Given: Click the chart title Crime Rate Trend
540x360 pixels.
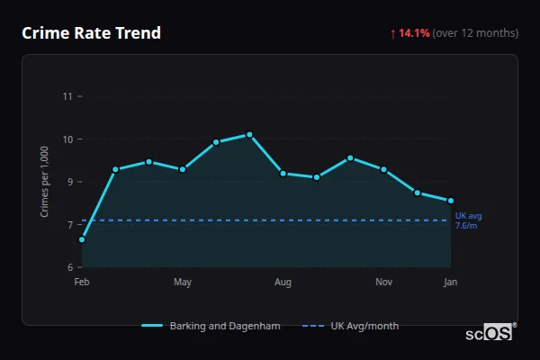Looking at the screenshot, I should click(x=91, y=33).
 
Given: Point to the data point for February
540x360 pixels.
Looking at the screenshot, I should click(x=82, y=239).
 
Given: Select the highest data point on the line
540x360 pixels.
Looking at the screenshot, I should click(x=249, y=134).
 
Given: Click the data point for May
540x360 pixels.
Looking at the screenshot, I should click(x=183, y=169).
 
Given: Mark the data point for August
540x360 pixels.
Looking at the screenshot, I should click(x=283, y=174).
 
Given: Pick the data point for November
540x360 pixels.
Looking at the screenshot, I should click(x=383, y=169).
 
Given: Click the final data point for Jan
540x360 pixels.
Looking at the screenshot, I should click(x=451, y=201).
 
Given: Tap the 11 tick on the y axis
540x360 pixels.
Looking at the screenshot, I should click(x=67, y=95).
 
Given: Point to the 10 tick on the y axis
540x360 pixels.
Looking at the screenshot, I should click(x=67, y=139).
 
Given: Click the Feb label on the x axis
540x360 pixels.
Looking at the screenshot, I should click(x=82, y=283).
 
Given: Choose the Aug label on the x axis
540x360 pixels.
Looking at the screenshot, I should click(x=283, y=283).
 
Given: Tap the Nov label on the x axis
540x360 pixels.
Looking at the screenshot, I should click(x=383, y=283).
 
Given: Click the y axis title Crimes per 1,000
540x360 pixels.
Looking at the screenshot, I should click(x=44, y=181).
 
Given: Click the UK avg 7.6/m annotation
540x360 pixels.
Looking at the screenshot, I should click(x=469, y=220).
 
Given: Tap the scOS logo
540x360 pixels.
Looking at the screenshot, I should click(x=489, y=333).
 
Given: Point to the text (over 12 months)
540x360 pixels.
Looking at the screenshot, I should click(x=475, y=33).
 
